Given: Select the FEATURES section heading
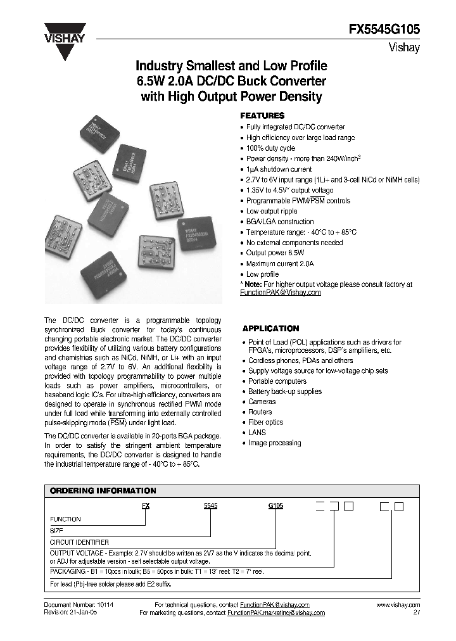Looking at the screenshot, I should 262,116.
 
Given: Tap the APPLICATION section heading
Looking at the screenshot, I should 270,329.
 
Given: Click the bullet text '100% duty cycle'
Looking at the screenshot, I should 270,148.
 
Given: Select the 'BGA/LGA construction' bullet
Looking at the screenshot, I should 279,222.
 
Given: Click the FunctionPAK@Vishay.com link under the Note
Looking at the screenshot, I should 280,293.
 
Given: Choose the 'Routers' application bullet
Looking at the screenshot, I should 260,412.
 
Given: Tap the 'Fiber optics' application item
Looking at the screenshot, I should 265,422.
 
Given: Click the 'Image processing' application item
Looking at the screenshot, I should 274,443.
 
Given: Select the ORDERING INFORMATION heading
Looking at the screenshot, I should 103,491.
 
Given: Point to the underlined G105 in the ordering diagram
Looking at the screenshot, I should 275,506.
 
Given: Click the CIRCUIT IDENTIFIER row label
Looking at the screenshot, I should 79,542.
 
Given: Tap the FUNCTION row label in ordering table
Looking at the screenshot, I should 65,519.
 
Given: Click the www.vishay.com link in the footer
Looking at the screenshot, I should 398,606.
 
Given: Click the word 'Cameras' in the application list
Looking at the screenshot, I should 262,402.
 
